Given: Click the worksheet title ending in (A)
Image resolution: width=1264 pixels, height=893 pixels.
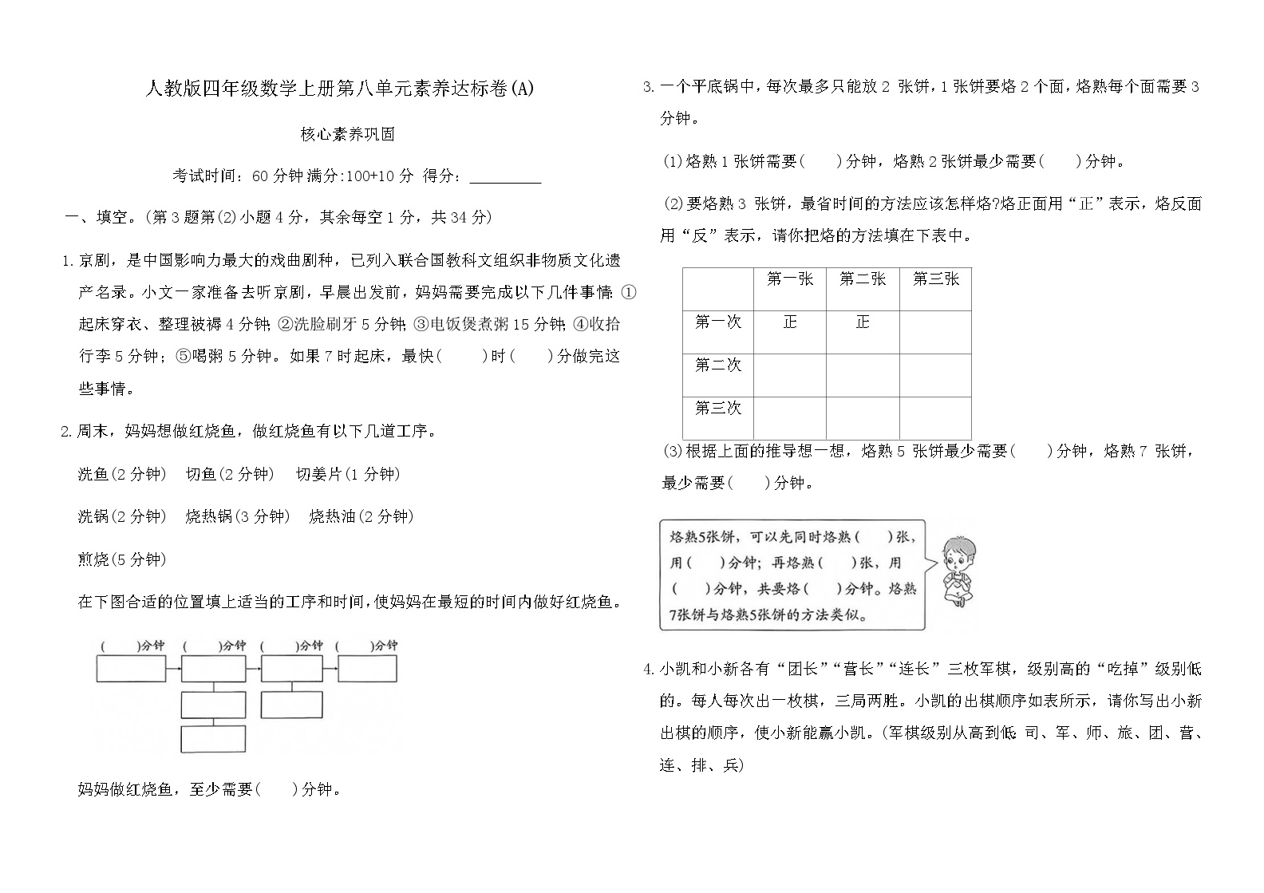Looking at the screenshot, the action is point(339,89).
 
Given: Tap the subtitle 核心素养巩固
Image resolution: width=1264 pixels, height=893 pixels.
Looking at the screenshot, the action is point(347,134).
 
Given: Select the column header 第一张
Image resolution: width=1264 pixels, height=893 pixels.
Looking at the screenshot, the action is point(789,279).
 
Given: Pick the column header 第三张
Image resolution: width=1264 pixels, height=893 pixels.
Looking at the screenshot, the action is point(935,279).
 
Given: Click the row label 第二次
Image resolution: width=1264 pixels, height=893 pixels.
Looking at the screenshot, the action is point(717,365).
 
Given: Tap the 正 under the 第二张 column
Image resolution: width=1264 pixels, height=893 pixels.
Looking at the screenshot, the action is point(862,322).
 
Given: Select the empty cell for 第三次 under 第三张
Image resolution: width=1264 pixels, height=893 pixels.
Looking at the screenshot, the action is point(935,417).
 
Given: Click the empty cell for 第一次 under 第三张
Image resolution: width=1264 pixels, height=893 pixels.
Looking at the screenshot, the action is point(935,331).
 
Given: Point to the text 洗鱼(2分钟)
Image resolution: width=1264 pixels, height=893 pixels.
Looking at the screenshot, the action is point(122,474).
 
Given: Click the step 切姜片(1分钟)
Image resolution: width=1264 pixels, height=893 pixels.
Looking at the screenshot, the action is point(347,474).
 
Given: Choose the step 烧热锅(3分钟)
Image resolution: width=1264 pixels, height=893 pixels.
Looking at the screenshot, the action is point(236,516).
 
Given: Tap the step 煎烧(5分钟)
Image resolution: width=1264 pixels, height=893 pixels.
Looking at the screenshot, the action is point(122,559).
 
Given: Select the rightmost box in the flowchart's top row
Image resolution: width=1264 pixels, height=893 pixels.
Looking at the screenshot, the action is point(367,669).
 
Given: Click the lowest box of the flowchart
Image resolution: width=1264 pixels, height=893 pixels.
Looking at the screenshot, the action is point(212,739).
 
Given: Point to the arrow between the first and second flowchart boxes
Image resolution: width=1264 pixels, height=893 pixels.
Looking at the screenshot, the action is point(172,669).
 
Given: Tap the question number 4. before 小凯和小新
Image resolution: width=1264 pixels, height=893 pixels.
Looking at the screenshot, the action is point(650,669).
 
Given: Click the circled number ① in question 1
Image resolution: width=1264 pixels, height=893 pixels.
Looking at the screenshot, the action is point(628,292).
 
